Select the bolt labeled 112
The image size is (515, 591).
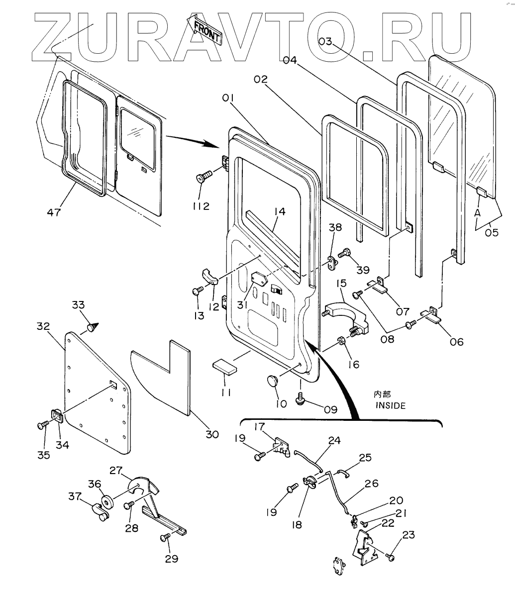tap(205, 176)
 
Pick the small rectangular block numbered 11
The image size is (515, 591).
tap(225, 367)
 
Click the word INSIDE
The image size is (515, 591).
tap(391, 405)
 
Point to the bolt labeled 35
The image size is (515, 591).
tap(42, 425)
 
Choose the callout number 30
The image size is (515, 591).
tap(212, 434)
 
